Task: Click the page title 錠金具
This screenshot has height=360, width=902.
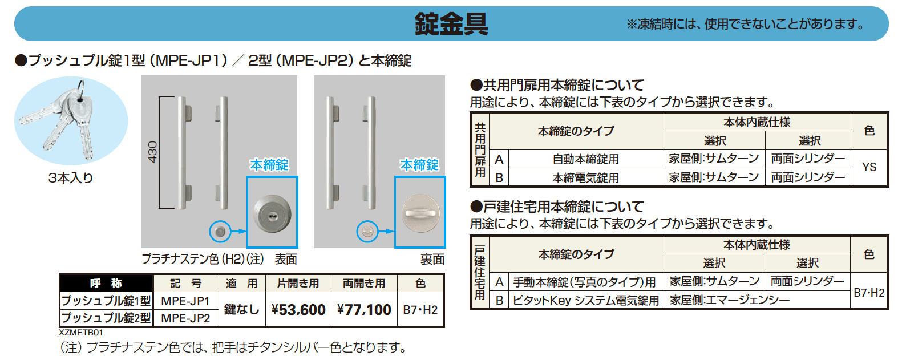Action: [451, 24]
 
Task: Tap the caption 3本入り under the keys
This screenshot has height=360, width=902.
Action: [71, 178]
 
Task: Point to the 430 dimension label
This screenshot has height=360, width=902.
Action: [153, 152]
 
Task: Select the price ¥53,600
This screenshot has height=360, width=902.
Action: [298, 310]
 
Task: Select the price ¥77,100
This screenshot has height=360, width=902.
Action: [364, 310]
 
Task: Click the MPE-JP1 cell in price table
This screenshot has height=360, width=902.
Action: [185, 301]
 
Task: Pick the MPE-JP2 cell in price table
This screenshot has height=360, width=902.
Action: [185, 318]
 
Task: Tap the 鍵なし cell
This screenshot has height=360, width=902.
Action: [241, 310]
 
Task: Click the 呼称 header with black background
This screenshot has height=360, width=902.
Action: [106, 284]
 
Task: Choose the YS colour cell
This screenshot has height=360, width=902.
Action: [869, 167]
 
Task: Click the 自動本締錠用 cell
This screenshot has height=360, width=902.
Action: [585, 159]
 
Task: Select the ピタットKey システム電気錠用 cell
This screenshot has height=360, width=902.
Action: [585, 300]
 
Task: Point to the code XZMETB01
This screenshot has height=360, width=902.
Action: [81, 332]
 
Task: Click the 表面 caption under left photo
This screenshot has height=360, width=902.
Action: [286, 260]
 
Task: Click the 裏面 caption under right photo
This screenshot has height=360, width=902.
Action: [432, 260]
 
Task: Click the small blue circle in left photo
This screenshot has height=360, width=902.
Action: [220, 231]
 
